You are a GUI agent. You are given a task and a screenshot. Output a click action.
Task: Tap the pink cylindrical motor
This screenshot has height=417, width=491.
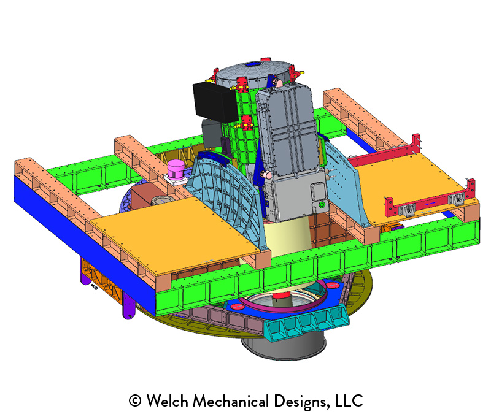coord(176,170)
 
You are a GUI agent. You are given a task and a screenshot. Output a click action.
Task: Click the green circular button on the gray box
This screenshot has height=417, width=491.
coord(321,205)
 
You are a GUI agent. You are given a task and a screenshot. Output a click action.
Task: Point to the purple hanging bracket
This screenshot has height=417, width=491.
coord(128,305)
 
